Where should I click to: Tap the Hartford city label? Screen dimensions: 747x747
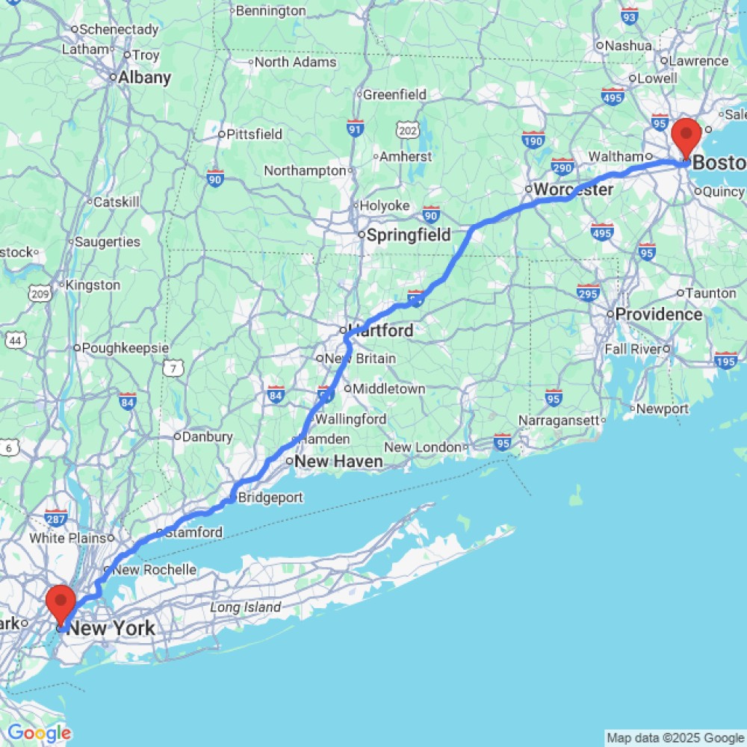[x=380, y=330]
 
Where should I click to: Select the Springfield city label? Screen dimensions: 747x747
[x=409, y=235]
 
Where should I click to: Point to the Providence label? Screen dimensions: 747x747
[x=658, y=314]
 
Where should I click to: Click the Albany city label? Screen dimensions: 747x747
[x=145, y=78]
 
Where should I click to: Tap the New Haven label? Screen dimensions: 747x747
[x=338, y=462]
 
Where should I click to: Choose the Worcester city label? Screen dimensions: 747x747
[x=573, y=190]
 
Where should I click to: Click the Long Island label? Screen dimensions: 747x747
[x=246, y=607]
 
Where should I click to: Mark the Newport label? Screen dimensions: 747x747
[x=663, y=409]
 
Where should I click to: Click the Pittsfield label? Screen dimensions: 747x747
[x=255, y=134]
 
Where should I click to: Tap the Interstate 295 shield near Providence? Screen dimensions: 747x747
[x=588, y=292]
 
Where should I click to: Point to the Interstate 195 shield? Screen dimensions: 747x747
[x=726, y=361]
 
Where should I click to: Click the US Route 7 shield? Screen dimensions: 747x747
[x=174, y=368]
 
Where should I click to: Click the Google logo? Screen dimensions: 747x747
[x=39, y=734]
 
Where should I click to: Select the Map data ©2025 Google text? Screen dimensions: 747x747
[x=675, y=738]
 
